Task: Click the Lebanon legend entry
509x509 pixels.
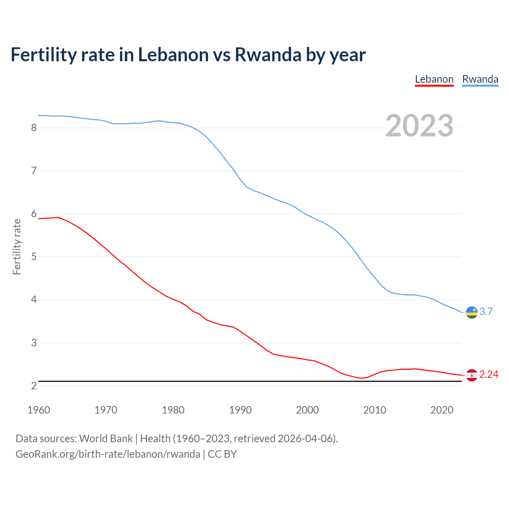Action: tap(434, 79)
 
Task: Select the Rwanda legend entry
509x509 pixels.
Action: tap(480, 79)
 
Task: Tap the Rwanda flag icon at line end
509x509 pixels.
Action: tap(472, 312)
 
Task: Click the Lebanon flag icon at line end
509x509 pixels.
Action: tap(472, 375)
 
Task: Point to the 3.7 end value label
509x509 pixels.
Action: tap(486, 311)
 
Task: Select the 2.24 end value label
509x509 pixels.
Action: tap(489, 374)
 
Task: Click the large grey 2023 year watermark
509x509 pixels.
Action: tap(419, 126)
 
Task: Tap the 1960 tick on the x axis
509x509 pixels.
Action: tap(39, 410)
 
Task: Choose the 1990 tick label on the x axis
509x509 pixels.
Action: tap(240, 410)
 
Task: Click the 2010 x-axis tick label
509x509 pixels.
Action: tap(375, 410)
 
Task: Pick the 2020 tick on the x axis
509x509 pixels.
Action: tap(442, 410)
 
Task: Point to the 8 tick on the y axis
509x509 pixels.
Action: tap(34, 128)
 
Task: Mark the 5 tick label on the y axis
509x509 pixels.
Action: tap(34, 257)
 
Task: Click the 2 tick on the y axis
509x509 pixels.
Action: tap(34, 386)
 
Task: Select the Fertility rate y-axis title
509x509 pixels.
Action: tap(17, 247)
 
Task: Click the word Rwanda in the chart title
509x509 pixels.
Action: tap(268, 54)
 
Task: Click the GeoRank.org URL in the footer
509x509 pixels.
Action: tap(108, 454)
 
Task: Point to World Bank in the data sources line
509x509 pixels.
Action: tap(106, 439)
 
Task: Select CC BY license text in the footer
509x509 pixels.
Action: tap(222, 454)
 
